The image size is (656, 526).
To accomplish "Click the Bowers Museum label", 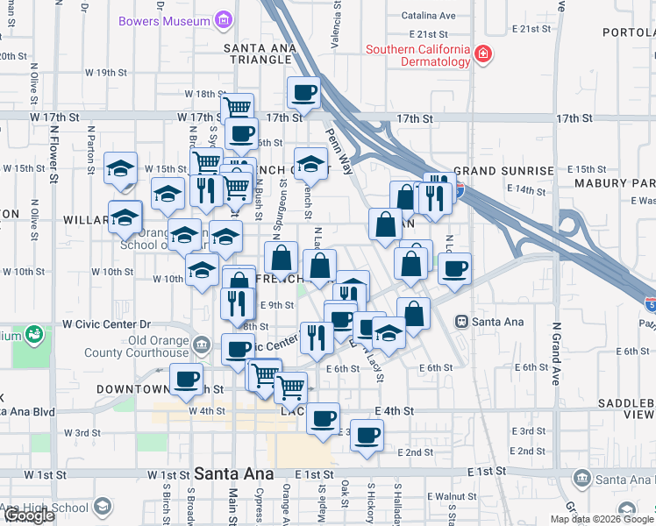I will click(x=175, y=20).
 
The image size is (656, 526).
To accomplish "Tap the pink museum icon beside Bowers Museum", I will click(x=224, y=19).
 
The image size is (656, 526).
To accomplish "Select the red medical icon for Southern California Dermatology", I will click(x=481, y=55).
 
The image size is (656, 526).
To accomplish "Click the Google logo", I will click(x=28, y=515).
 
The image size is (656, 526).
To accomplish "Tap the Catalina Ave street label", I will click(x=428, y=15).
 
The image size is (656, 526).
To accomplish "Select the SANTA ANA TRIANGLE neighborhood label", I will click(x=257, y=53).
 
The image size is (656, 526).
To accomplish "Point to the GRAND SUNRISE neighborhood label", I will click(x=503, y=170).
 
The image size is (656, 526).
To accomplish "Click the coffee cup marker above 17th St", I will click(x=304, y=92).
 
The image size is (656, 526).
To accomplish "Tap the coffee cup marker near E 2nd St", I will click(x=367, y=434).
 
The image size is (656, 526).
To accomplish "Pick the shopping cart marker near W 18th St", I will click(x=237, y=108).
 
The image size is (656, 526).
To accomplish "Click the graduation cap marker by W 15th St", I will click(x=120, y=167).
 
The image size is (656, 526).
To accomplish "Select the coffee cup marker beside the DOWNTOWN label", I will click(x=185, y=379).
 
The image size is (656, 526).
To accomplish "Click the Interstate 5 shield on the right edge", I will click(x=650, y=305).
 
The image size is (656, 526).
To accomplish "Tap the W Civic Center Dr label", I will click(x=107, y=323).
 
